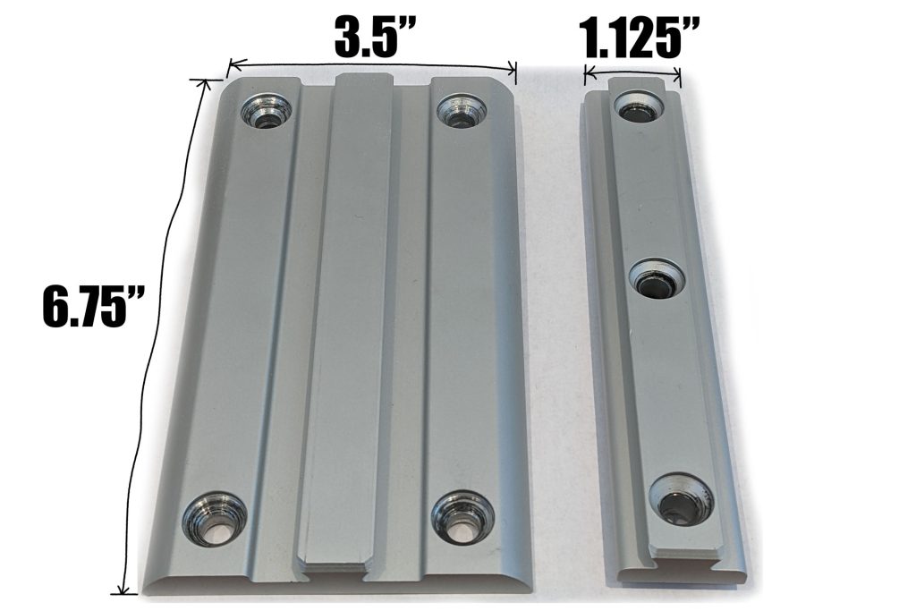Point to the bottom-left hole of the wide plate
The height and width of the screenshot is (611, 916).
[214, 518]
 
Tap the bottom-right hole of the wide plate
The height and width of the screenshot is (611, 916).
[461, 516]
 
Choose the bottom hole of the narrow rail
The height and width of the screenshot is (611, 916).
[681, 498]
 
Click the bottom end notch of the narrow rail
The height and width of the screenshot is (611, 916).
[693, 561]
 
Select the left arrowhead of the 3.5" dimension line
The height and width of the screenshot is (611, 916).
[231, 64]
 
